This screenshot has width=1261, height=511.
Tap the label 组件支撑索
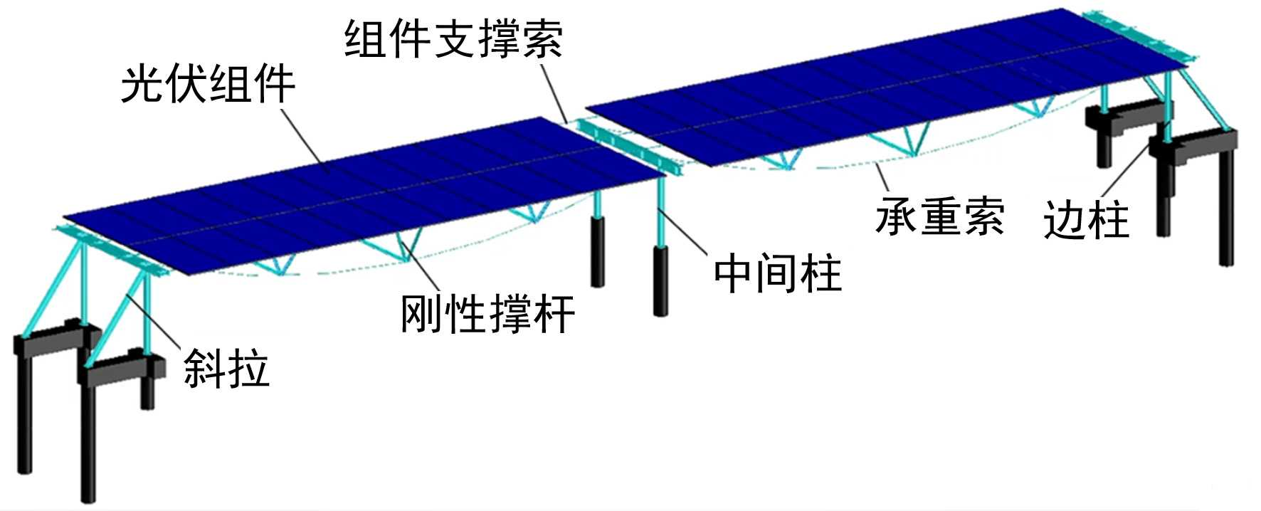453,38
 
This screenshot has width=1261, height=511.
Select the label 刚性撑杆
487,313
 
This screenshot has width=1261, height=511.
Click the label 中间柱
778,273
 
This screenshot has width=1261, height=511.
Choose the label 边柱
1086,220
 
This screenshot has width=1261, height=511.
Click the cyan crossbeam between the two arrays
626,146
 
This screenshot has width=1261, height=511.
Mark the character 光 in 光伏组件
142,85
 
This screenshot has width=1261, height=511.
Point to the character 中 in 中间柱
735,273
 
